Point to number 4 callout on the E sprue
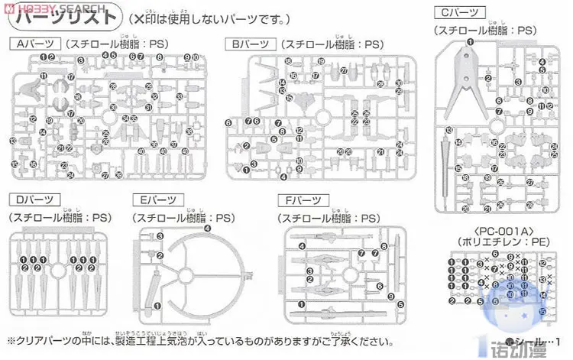207,229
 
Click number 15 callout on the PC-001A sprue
542,312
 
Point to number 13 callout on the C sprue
449,131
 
